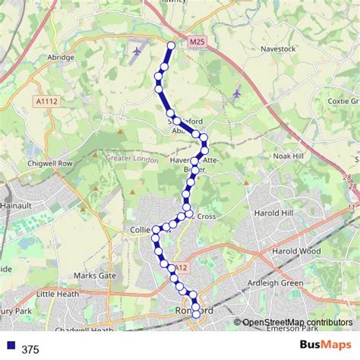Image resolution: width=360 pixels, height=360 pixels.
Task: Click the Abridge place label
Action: tap(61, 57)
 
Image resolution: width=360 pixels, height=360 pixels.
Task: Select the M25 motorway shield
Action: tap(197, 43)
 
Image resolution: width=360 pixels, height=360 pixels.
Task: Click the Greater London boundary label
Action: tap(132, 159)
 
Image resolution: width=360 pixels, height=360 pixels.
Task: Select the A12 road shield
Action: tap(180, 267)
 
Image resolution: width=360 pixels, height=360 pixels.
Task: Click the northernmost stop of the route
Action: tap(171, 46)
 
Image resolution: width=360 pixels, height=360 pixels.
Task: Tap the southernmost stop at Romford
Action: tap(196, 313)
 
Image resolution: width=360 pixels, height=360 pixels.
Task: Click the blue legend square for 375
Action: tap(9, 349)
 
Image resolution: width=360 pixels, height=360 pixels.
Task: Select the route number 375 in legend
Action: tap(30, 349)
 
